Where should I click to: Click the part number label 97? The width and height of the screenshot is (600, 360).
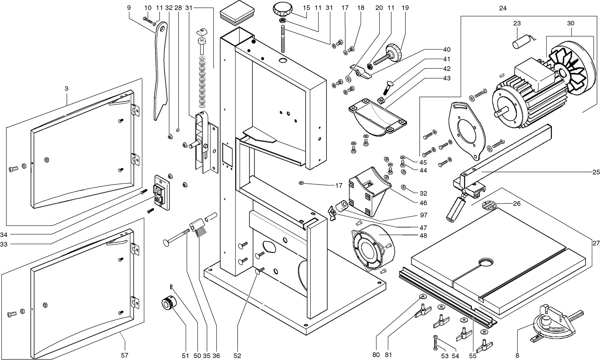point(424,215)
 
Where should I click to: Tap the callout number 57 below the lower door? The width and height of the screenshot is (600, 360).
point(124,355)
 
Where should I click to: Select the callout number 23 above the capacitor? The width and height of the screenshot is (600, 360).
point(517,23)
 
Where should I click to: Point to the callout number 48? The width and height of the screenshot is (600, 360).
point(423,235)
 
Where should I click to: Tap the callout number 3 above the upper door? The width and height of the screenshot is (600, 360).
point(66,88)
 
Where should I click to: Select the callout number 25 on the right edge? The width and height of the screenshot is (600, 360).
point(596,172)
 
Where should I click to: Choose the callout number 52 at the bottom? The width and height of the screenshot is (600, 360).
point(237,355)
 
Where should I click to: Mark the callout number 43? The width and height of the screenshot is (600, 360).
point(447,78)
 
